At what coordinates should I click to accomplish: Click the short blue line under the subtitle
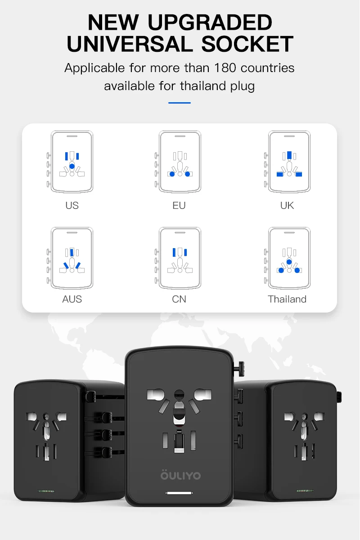point(180,103)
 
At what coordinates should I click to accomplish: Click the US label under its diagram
point(72,205)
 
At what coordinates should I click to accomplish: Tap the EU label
point(179,205)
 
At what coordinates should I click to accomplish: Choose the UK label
point(287,205)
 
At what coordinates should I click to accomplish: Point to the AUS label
point(72,299)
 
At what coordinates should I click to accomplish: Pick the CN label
point(179,299)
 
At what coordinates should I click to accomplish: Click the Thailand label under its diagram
point(287,299)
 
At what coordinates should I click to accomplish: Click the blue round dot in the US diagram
point(72,167)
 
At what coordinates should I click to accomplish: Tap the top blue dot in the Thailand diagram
point(289,262)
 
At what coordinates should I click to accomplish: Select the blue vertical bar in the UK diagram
point(289,156)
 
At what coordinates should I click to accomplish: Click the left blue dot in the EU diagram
point(172,174)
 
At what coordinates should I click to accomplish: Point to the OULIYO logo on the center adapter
point(180,475)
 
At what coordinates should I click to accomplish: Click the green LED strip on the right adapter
point(305,491)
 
